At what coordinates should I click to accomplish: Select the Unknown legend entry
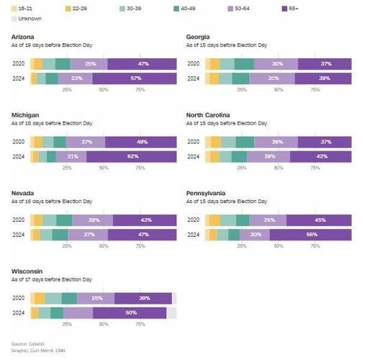point(27,19)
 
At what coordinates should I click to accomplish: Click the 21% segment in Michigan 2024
point(72,156)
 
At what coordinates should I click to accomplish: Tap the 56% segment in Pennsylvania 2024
point(311,235)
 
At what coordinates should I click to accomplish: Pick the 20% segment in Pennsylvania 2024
point(255,235)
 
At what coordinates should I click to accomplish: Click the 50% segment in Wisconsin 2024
point(130,312)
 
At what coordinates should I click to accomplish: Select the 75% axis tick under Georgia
point(315,90)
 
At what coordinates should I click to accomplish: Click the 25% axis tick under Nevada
point(67,246)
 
